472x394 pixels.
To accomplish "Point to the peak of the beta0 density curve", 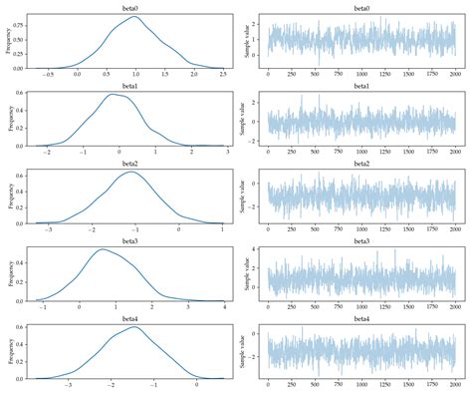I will [x=132, y=16].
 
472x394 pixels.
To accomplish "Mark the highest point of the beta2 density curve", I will [x=131, y=173].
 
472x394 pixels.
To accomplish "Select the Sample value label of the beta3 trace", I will [x=245, y=274].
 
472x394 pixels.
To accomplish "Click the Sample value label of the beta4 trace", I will [x=245, y=352].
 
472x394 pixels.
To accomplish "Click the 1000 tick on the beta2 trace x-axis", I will [x=362, y=231].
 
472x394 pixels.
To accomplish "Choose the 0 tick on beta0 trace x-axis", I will [x=269, y=75].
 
